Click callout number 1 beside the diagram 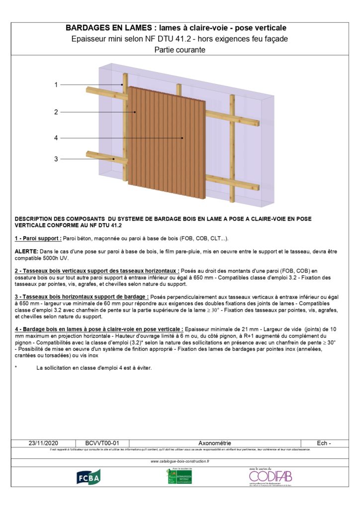tap(56, 85)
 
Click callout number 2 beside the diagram tap(56, 112)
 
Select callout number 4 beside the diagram tap(56, 138)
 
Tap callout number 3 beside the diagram tap(56, 159)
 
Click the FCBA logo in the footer tap(88, 477)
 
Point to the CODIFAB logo tap(267, 476)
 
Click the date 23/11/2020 tap(44, 443)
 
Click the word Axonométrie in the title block tap(215, 443)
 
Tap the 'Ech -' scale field tap(324, 443)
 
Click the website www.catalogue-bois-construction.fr tap(180, 461)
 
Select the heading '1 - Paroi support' tap(38, 239)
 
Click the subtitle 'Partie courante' tap(180, 50)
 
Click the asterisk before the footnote tap(16, 368)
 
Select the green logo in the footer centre tap(179, 476)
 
